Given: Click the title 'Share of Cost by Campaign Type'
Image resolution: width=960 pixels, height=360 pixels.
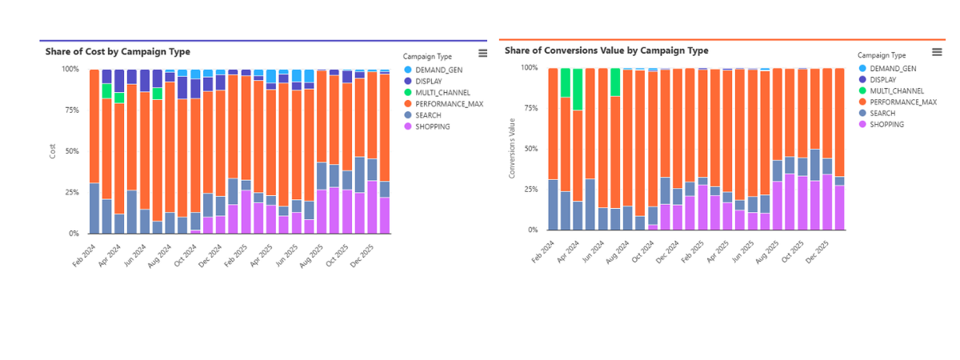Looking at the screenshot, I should [118, 51].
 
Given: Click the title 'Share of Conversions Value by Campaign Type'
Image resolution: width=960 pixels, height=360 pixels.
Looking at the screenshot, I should [606, 50].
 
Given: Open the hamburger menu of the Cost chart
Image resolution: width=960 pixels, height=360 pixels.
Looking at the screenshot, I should [482, 53].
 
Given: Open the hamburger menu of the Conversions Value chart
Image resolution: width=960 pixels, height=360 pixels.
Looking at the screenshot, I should [937, 51].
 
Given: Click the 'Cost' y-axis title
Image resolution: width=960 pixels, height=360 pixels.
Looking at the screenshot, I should [53, 151].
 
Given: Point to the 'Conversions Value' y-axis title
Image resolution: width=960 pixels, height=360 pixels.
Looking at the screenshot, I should [512, 148].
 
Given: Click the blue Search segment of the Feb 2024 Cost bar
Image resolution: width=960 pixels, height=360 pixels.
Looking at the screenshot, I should [94, 208].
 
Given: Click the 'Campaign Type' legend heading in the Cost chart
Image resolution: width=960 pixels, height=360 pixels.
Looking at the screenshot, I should [427, 57].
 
